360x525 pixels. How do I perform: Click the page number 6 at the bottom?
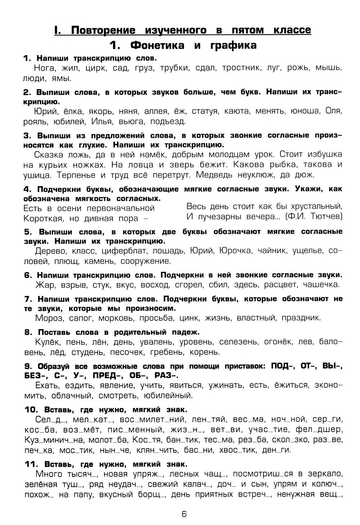pos(184,514)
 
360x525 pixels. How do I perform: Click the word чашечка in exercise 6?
pos(321,285)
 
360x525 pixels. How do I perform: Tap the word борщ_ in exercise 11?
pos(152,494)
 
